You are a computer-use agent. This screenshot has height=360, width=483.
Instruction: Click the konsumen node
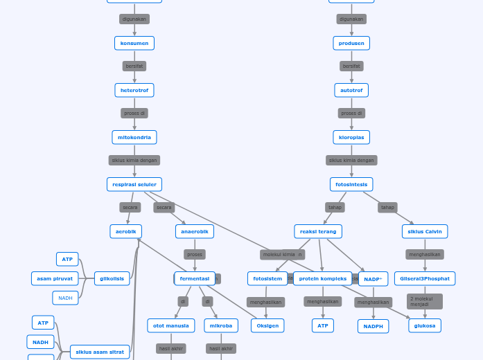coord(134,43)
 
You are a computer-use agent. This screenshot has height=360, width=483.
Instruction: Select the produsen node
coord(351,43)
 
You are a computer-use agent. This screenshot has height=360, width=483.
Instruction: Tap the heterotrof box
coord(134,90)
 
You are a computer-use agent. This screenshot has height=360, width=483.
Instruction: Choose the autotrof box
coord(351,90)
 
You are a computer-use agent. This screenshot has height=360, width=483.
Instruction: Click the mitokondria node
coord(134,137)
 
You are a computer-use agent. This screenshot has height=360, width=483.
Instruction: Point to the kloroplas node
coord(351,137)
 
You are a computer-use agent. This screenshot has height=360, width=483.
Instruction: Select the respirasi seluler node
coord(134,184)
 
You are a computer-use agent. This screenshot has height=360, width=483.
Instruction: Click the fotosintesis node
coord(351,184)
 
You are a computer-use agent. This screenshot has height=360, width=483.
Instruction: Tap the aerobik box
coord(125,231)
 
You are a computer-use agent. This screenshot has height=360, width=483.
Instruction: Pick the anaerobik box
coord(195,231)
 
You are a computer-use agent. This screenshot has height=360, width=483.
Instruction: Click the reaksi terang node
coord(318,231)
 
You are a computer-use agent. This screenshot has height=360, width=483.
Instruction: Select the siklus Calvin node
coord(425,231)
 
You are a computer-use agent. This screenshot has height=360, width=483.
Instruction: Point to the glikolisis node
coord(112,278)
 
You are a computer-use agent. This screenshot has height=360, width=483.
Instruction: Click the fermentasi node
coord(195,278)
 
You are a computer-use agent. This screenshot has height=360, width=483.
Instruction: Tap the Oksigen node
coord(267,325)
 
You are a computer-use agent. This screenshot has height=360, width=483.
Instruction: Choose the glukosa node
coord(425,325)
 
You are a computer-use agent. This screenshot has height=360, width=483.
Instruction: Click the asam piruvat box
coord(55,278)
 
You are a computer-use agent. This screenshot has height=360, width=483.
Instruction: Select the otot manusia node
coord(171,325)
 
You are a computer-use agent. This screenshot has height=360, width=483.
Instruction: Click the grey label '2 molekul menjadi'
coord(424,301)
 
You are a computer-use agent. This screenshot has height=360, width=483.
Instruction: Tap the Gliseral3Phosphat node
coord(425,278)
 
